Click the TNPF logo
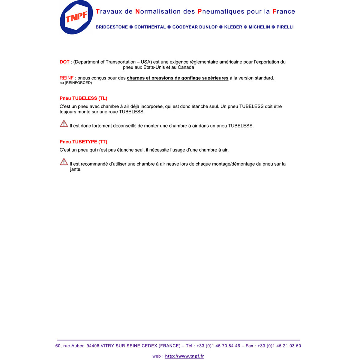pyautogui.click(x=76, y=17)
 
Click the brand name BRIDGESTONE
pyautogui.click(x=112, y=27)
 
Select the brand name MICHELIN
pyautogui.click(x=259, y=27)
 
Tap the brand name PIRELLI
pyautogui.click(x=285, y=27)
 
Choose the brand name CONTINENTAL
pyautogui.click(x=150, y=27)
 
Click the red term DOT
pyautogui.click(x=64, y=62)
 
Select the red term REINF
pyautogui.click(x=66, y=78)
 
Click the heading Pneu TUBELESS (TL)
pyautogui.click(x=83, y=98)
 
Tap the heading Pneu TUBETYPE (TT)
pyautogui.click(x=83, y=142)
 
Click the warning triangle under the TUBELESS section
pyautogui.click(x=64, y=124)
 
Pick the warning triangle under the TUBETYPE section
pyautogui.click(x=64, y=162)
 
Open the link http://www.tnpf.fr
pyautogui.click(x=184, y=356)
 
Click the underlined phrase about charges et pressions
pyautogui.click(x=178, y=78)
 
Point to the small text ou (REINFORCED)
pyautogui.click(x=76, y=83)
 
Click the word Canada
pyautogui.click(x=186, y=67)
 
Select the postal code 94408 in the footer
pyautogui.click(x=93, y=346)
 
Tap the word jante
pyautogui.click(x=76, y=169)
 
